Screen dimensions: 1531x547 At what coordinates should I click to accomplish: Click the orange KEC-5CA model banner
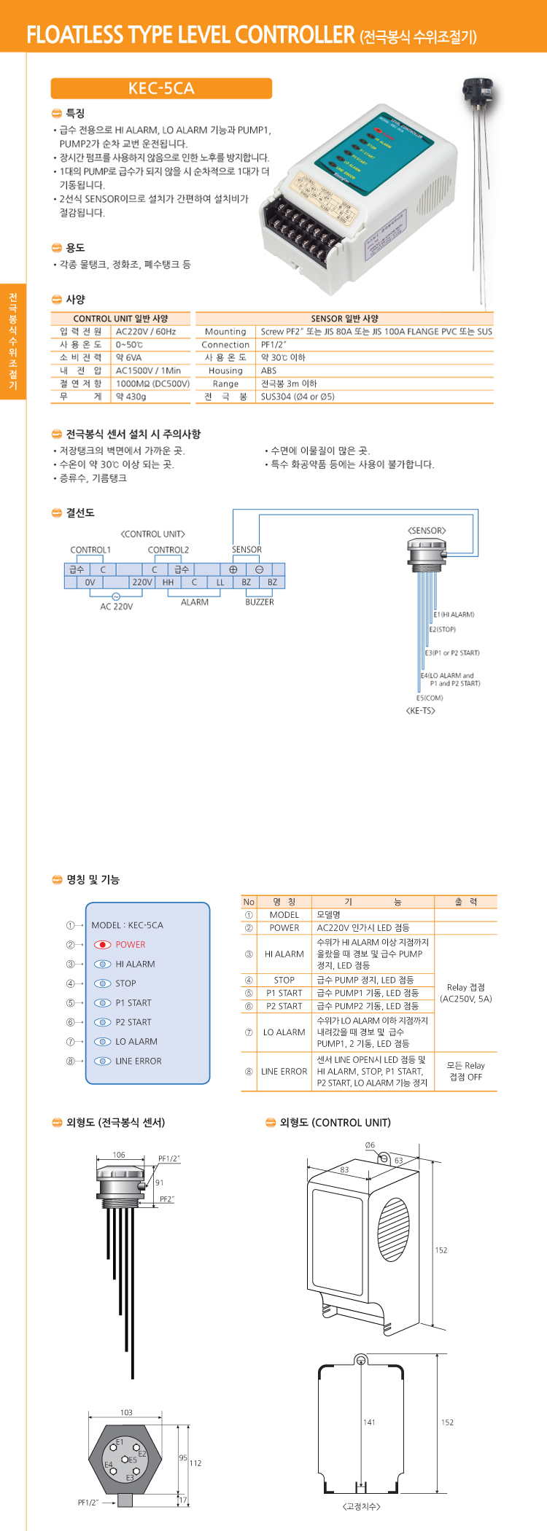pos(161,89)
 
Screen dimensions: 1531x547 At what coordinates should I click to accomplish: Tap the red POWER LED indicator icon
pos(103,944)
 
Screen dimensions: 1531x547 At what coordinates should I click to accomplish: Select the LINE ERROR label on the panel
pos(138,1061)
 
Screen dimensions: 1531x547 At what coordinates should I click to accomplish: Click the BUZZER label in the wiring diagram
pos(260,602)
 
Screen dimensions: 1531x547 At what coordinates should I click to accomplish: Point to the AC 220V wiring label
pos(117,607)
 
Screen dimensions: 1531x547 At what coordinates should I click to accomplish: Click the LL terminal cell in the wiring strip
pos(220,583)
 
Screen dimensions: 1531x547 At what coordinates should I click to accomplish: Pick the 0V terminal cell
pos(90,583)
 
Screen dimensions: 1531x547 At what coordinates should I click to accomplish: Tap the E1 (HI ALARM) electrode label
pos(454,615)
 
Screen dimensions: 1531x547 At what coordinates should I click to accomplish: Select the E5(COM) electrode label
pos(430,698)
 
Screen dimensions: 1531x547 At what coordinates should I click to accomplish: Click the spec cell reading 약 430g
pos(131,397)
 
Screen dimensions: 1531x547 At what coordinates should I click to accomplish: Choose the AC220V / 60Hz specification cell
pos(146,332)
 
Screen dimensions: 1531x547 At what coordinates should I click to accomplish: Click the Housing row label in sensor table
pos(225,370)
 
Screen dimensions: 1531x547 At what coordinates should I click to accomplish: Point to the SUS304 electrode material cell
pos(298,397)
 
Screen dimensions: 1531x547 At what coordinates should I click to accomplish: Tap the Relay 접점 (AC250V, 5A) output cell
pos(465,993)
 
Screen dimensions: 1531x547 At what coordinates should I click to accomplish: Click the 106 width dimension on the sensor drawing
pos(119,1155)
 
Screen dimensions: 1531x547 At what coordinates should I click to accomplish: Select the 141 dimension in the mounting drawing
pos(369,1422)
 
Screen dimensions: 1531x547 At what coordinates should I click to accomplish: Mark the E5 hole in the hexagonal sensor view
pos(125,1460)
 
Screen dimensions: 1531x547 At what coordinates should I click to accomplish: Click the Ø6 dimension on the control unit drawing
pos(370,1145)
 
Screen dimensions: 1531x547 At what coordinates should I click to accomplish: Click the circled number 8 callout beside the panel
pos(71,1061)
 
